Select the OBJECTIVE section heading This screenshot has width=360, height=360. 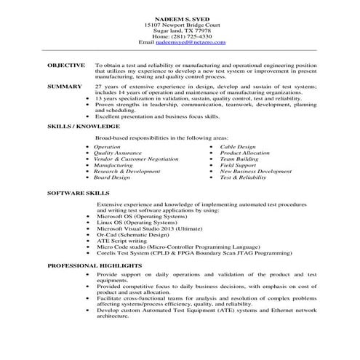pyautogui.click(x=66, y=65)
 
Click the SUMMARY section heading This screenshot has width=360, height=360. pyautogui.click(x=64, y=86)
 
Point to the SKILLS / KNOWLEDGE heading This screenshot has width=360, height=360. pyautogui.click(x=83, y=127)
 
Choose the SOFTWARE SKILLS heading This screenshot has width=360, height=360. pyautogui.click(x=78, y=195)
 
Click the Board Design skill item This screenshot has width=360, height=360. pyautogui.click(x=112, y=177)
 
